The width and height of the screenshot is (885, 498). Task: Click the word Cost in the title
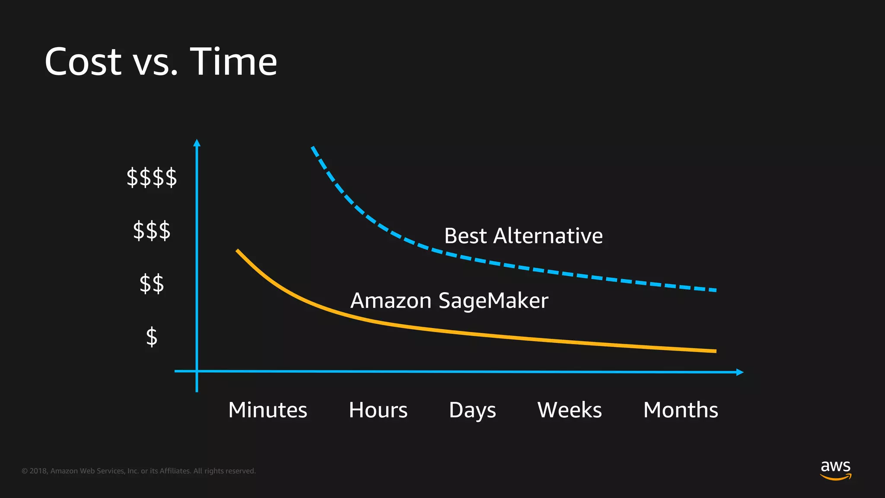(x=83, y=62)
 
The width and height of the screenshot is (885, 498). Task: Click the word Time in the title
(x=233, y=62)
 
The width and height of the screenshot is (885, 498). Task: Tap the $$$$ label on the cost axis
(x=151, y=177)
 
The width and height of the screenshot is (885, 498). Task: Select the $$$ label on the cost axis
(x=151, y=230)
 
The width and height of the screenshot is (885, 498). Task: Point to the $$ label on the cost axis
(x=151, y=284)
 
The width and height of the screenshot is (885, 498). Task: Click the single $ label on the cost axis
(x=151, y=337)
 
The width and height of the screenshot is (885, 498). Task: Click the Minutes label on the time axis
(x=267, y=410)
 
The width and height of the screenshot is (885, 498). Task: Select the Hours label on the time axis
(x=378, y=410)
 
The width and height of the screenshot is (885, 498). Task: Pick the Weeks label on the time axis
(x=570, y=410)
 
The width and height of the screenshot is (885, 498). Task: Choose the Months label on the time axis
(x=681, y=410)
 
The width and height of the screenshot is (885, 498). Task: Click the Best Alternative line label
(x=523, y=236)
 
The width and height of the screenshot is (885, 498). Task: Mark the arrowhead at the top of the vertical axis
(x=197, y=143)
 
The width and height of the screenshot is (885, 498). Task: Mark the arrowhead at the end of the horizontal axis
(x=740, y=372)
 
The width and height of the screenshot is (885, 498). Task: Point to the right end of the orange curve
(x=715, y=351)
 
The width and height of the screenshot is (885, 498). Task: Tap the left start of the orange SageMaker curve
(x=238, y=251)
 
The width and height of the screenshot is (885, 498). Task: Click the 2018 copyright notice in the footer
(x=138, y=471)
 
